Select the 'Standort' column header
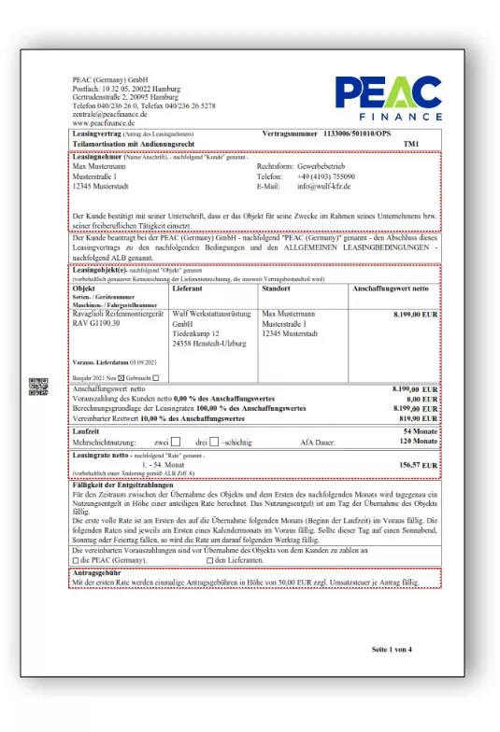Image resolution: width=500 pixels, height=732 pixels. (x=279, y=289)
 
